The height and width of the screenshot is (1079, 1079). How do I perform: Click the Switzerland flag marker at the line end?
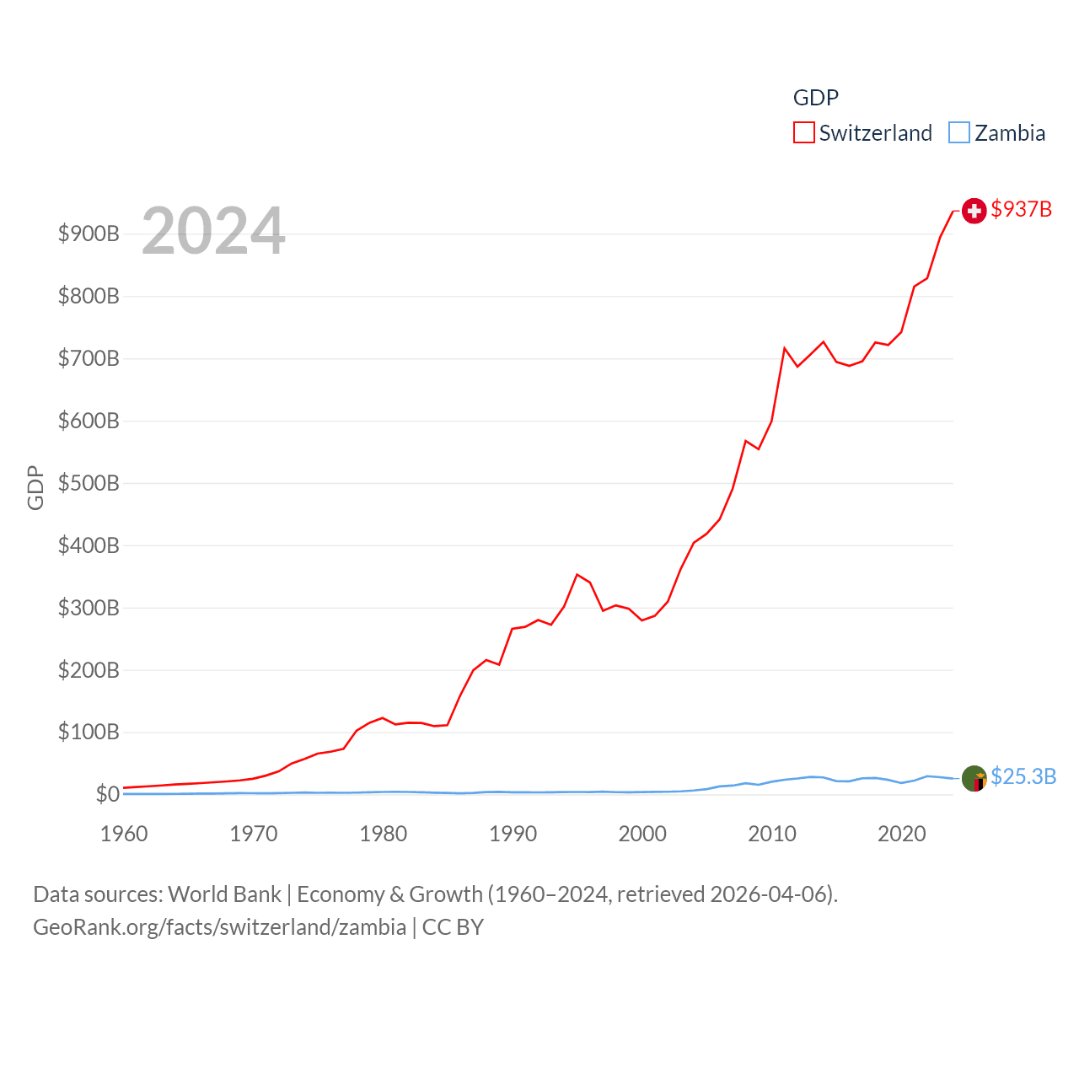(x=974, y=211)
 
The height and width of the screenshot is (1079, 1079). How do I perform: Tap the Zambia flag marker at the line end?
(x=974, y=778)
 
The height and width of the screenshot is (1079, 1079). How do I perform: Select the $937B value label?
(x=1021, y=209)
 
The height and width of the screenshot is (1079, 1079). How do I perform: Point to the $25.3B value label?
(x=1023, y=776)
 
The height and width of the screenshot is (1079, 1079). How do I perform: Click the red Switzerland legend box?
(x=803, y=133)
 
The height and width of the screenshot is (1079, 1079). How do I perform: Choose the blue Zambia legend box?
(x=959, y=133)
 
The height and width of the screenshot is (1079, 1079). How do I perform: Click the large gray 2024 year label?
(x=213, y=231)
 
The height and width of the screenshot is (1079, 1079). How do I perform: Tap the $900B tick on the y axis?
(x=89, y=234)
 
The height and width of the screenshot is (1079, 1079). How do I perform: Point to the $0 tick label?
(x=107, y=794)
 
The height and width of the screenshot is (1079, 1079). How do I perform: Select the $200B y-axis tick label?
(x=89, y=670)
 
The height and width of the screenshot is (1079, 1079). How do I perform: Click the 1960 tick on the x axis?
(x=124, y=834)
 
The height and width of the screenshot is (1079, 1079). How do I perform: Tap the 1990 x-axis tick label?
(x=513, y=834)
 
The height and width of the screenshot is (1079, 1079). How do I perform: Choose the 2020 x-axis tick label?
(x=901, y=834)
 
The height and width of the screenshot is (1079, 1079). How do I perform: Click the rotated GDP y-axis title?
(x=35, y=487)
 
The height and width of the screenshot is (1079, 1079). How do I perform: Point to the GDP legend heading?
(x=815, y=98)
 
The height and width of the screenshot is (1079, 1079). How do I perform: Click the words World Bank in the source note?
(x=224, y=894)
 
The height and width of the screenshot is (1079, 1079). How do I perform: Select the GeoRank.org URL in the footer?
(x=219, y=927)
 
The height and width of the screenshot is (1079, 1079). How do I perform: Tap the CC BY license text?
(x=453, y=927)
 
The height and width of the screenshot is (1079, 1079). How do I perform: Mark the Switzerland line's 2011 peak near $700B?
(x=785, y=348)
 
